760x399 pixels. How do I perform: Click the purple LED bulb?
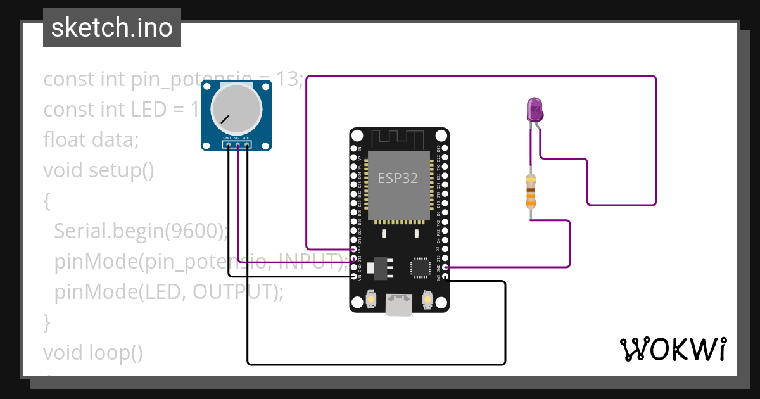point(535,109)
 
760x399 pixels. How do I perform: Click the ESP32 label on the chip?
point(398,178)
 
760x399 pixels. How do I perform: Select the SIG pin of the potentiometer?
point(237,144)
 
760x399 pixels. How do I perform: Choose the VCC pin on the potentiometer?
point(246,144)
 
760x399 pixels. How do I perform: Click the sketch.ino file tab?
point(112,28)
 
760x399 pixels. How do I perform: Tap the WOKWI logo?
point(673,349)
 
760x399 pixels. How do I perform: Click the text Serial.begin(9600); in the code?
point(141,231)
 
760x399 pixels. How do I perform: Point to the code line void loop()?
point(93,352)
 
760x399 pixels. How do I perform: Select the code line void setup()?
point(99,170)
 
